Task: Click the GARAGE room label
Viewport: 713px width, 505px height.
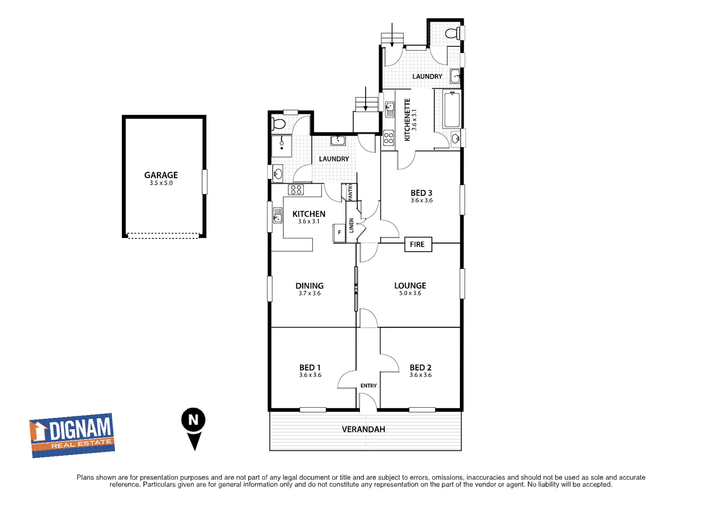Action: pos(161,175)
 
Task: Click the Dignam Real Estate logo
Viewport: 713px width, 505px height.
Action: pos(72,435)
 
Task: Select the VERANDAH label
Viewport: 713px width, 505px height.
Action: pos(363,429)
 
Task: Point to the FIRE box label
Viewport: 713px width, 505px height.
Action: pos(417,245)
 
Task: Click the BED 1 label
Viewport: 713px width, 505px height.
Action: pos(310,368)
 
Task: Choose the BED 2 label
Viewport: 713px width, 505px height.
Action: pos(420,368)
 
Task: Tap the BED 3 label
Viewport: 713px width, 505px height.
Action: pos(421,193)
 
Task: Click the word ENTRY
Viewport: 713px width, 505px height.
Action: pos(368,386)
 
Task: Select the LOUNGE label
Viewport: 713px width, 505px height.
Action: pos(410,286)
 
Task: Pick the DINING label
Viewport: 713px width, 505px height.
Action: pos(309,286)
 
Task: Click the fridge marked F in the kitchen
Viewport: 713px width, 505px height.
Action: pos(339,232)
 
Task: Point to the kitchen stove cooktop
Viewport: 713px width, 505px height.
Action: pos(296,189)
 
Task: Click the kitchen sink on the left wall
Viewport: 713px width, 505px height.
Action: pos(278,216)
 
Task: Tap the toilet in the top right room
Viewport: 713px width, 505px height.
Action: pos(452,33)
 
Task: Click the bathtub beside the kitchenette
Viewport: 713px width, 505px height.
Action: pos(452,110)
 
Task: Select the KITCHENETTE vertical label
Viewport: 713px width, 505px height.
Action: pos(407,120)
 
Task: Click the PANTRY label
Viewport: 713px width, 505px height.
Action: pos(351,192)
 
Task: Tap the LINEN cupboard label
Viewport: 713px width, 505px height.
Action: pos(352,225)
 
